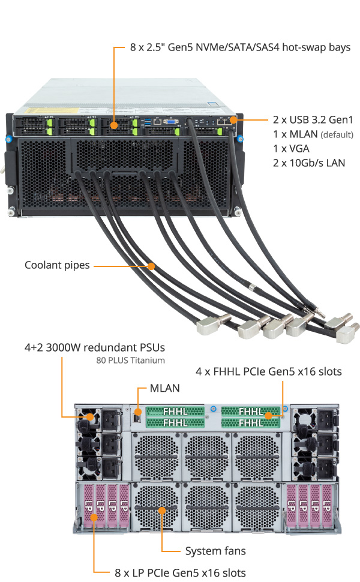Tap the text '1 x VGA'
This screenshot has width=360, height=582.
(x=290, y=148)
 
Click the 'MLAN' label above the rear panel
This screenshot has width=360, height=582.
(x=164, y=388)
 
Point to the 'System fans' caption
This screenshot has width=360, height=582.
(x=215, y=550)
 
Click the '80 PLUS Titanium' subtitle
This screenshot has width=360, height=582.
(x=130, y=361)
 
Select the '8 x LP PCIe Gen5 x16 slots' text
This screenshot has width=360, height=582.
(x=180, y=572)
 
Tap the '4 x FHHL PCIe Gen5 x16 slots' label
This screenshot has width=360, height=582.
(x=269, y=372)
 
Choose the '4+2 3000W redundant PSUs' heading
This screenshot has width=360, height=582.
(x=94, y=347)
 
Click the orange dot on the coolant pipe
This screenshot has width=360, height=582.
(x=152, y=265)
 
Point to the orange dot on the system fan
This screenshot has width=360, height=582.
(x=162, y=511)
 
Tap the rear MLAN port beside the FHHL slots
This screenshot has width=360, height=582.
(x=137, y=414)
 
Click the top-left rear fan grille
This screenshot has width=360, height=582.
(x=156, y=455)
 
